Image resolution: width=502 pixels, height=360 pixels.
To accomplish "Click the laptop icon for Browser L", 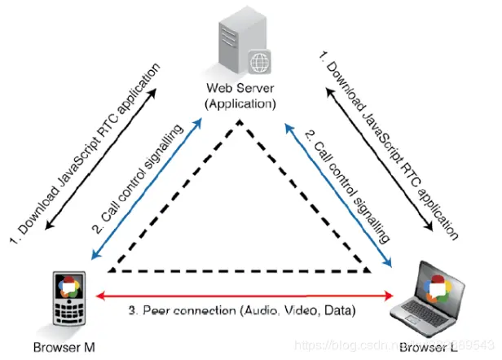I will pos(437,296).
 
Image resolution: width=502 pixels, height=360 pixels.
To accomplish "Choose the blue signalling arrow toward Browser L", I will pos(337,191).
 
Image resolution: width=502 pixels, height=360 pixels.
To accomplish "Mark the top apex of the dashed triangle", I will pos(239,123).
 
